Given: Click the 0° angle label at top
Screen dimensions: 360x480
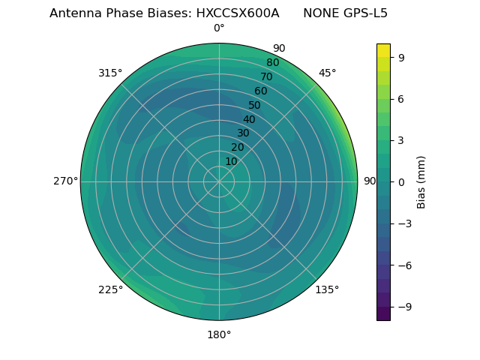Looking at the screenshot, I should point(219,28).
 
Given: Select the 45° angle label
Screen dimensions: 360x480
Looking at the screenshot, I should point(327,73).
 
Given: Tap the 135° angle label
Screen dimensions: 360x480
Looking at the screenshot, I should point(327,289).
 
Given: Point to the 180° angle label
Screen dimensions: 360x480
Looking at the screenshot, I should point(219,334).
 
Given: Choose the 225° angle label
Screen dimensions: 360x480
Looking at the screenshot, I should point(110,289).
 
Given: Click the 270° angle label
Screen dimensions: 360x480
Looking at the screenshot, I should point(65,181).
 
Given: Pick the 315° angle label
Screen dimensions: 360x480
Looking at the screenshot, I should point(110,73).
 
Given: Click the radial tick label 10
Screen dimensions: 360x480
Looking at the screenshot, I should point(231,161).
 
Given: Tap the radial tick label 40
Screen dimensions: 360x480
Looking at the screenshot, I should point(249,119).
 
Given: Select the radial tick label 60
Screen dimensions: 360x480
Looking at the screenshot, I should point(261,91).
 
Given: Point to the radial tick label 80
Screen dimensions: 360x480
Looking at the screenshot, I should point(273,63).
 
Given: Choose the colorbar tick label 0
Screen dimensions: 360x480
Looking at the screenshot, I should point(401,181).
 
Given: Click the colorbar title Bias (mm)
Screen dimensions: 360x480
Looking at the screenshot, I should point(421,181).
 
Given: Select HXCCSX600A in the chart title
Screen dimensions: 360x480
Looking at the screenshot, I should point(244,13).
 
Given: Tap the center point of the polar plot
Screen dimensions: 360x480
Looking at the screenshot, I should point(219,181).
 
